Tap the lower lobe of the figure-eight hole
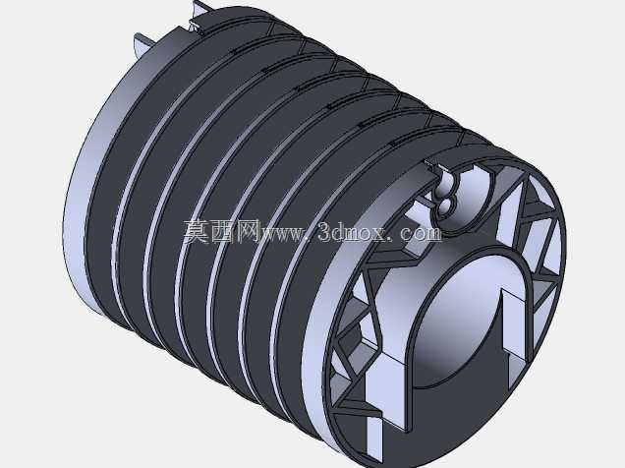tap(445, 205)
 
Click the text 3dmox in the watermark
tap(353, 232)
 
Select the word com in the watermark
tap(422, 233)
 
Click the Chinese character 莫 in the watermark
tap(197, 231)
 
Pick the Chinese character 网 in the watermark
tap(247, 231)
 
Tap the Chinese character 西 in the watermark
tap(222, 231)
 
